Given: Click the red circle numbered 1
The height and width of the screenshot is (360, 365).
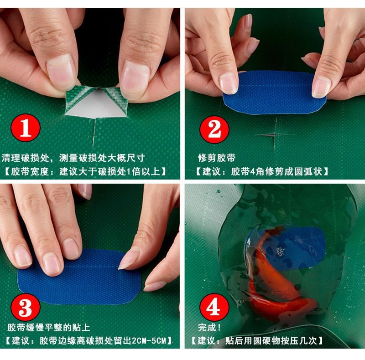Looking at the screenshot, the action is pos(26,128).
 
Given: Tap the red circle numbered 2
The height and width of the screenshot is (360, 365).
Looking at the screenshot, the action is pos(214,129).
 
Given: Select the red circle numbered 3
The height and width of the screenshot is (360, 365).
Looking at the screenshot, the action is pos(26,307).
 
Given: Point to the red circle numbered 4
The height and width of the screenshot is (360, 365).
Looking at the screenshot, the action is pos(214,307).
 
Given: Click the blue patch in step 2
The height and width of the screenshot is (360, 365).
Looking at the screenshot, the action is pos(274,93).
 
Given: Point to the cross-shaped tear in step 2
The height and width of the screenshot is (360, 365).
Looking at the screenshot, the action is pos(275,134).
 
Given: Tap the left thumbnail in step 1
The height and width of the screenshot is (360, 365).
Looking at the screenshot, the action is pos(61,72).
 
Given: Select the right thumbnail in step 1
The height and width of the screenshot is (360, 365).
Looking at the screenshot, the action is pos(135,77).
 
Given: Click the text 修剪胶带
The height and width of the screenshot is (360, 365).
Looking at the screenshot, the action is pos(216,158).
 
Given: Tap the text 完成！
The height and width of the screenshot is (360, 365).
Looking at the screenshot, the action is pos(209,328).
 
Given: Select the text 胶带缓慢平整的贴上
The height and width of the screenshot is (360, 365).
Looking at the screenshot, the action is pos(49,328).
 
